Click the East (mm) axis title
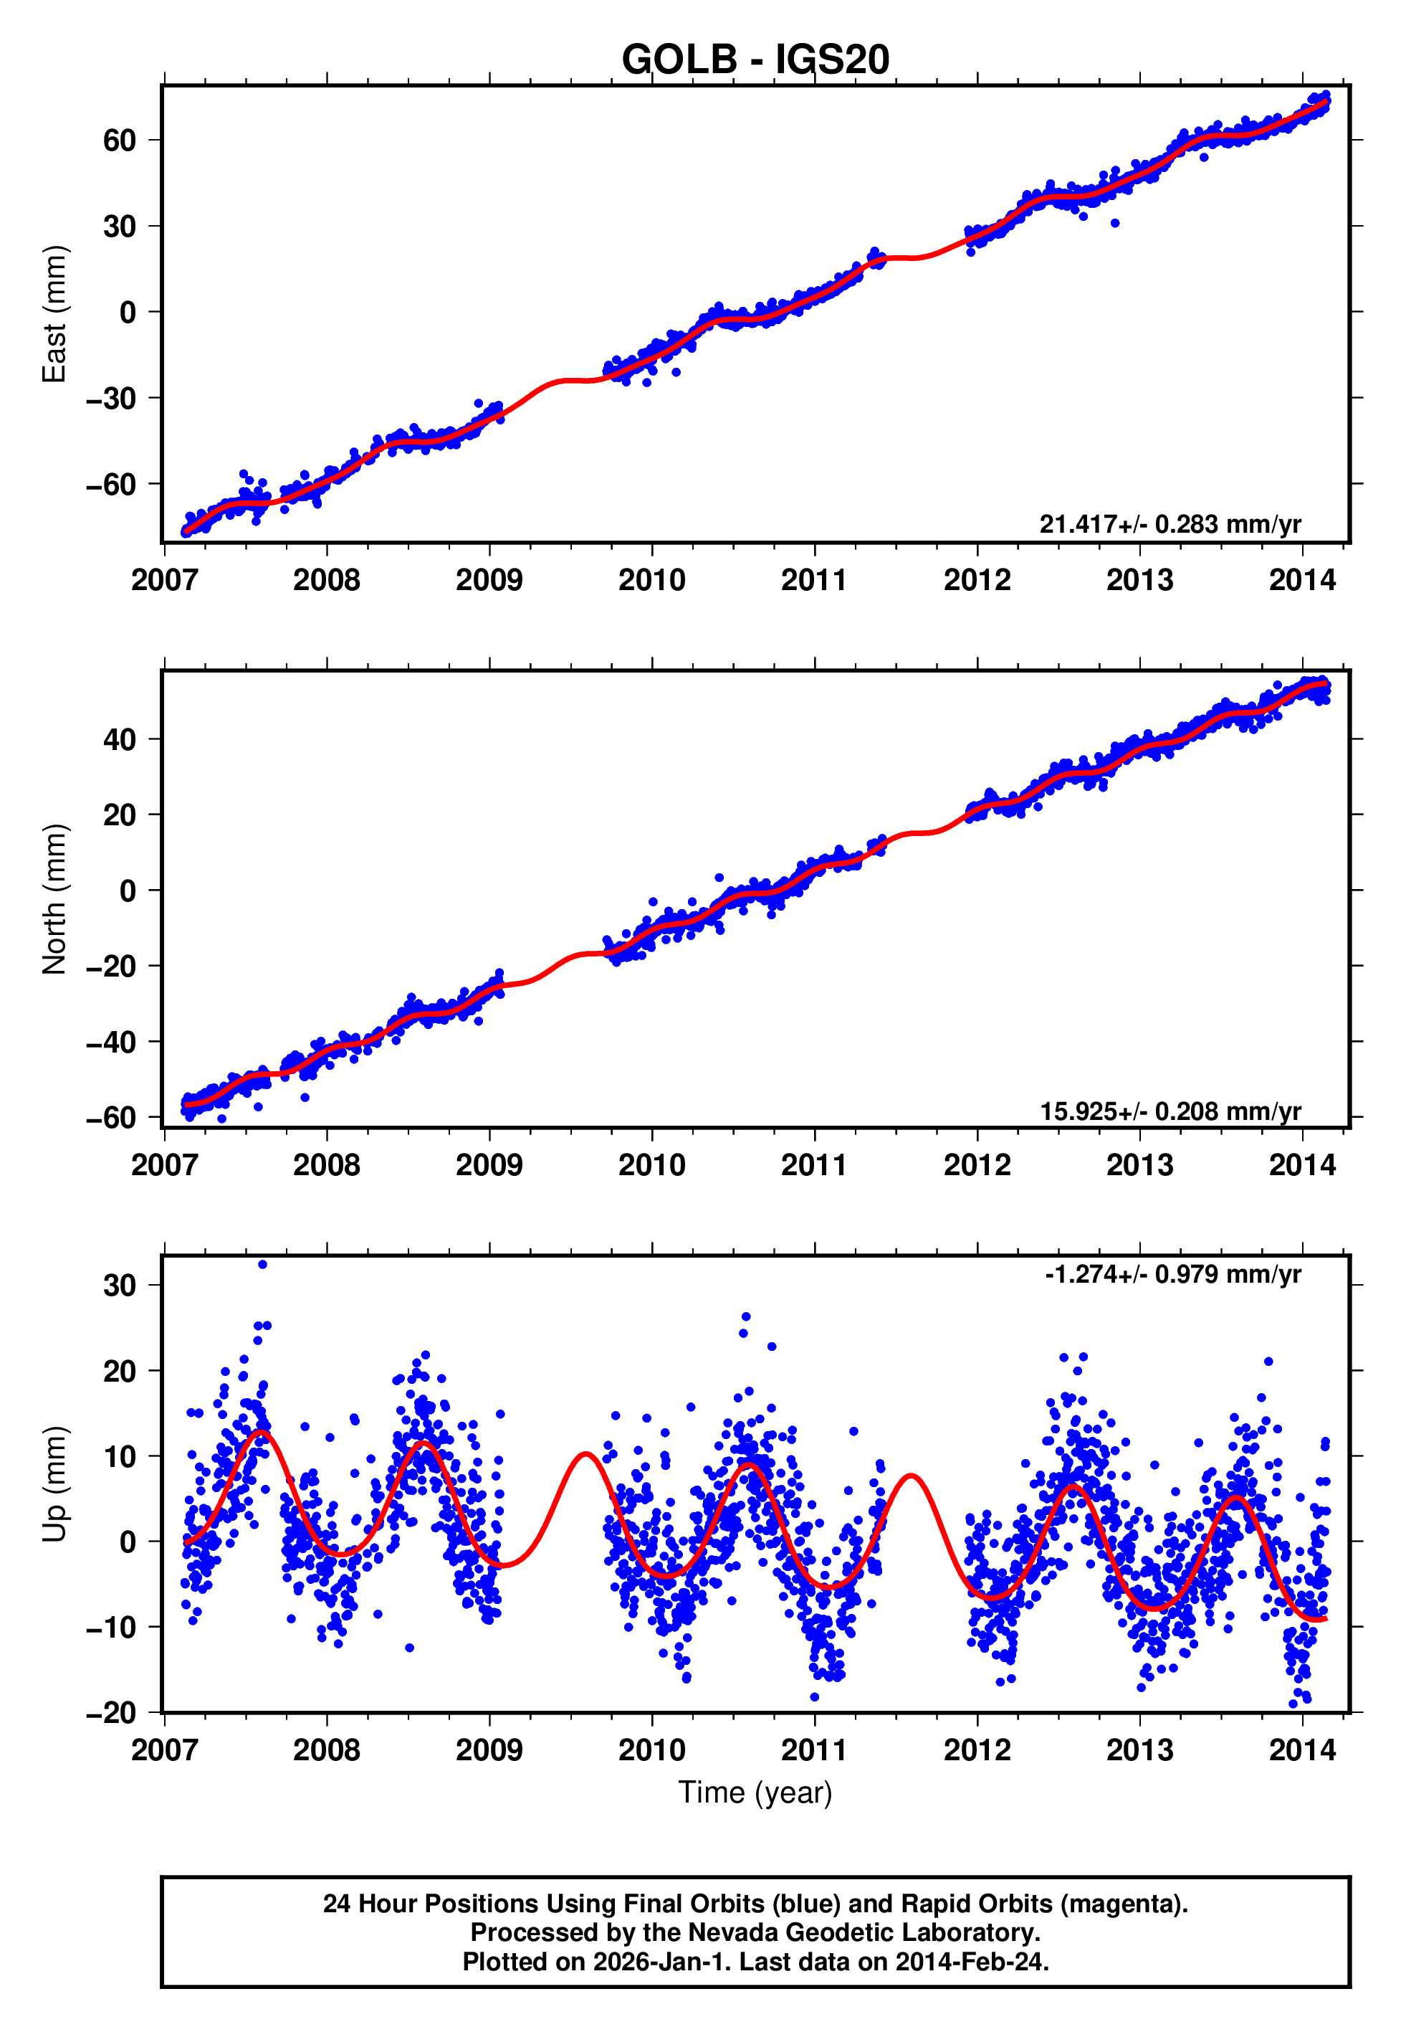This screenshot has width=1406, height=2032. pyautogui.click(x=54, y=314)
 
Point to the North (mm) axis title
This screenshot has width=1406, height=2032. pyautogui.click(x=54, y=899)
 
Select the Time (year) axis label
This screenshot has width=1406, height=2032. pyautogui.click(x=755, y=1793)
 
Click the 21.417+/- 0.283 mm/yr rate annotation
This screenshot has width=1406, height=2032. pyautogui.click(x=1170, y=524)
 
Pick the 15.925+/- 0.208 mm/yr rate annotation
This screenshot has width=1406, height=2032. pyautogui.click(x=1170, y=1111)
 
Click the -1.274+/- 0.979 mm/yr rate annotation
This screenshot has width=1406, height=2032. pyautogui.click(x=1172, y=1274)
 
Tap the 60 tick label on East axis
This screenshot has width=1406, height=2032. pyautogui.click(x=119, y=140)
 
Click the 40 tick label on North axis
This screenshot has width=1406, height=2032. pyautogui.click(x=119, y=739)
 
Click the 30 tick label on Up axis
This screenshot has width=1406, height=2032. pyautogui.click(x=119, y=1286)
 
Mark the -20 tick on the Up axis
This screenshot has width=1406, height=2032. pyautogui.click(x=111, y=1712)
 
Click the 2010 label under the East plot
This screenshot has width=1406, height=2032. pyautogui.click(x=652, y=580)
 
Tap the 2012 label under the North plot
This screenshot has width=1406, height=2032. pyautogui.click(x=977, y=1166)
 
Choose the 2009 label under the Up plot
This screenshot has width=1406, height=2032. pyautogui.click(x=489, y=1750)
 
